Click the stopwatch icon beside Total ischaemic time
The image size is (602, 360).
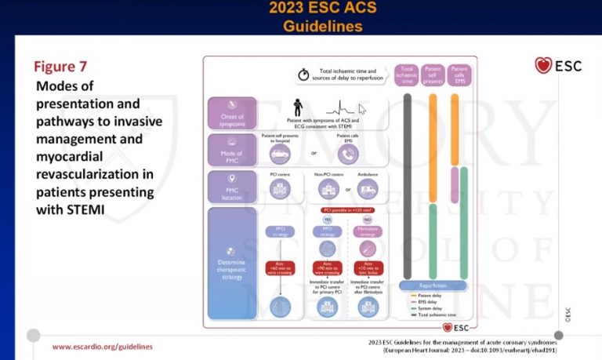click(x=303, y=75)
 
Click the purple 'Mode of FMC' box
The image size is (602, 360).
click(x=233, y=149)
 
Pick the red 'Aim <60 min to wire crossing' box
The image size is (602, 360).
click(x=280, y=269)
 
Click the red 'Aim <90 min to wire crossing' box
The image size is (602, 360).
click(x=327, y=269)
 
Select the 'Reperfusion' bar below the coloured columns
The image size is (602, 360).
click(x=433, y=285)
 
